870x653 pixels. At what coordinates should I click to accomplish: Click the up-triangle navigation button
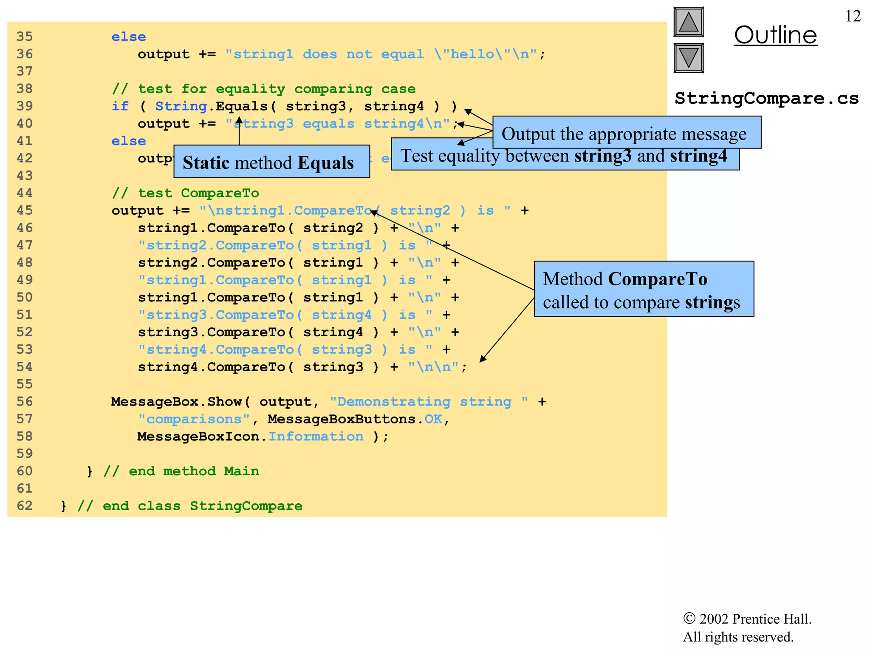(688, 22)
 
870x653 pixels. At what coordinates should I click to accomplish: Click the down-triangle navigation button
(688, 58)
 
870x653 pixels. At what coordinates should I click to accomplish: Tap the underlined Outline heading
(775, 35)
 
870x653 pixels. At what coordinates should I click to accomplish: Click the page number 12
(853, 16)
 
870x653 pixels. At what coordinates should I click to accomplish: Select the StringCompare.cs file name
(766, 98)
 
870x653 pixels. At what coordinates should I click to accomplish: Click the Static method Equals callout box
(271, 162)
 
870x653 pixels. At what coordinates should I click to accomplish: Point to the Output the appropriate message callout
(627, 133)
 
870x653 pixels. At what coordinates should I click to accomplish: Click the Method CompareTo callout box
(644, 289)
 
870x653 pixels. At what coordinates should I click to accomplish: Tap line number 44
(25, 193)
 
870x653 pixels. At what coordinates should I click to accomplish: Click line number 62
(25, 505)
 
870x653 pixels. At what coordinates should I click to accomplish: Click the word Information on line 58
(316, 437)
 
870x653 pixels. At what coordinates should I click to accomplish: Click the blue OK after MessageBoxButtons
(433, 419)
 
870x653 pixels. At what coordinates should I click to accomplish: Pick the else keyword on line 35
(129, 37)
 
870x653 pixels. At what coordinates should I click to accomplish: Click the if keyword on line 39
(120, 106)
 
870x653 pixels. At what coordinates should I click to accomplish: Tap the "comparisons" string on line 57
(194, 419)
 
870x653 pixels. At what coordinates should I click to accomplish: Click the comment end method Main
(181, 471)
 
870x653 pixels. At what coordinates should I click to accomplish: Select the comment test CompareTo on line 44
(185, 193)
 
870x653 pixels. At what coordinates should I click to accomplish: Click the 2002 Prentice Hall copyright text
(747, 619)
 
